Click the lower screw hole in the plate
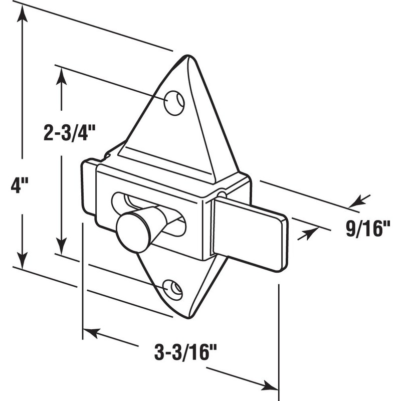click(x=173, y=288)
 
